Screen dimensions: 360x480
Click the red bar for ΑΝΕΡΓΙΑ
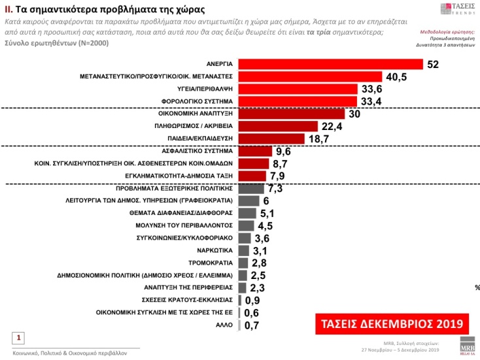pos(330,64)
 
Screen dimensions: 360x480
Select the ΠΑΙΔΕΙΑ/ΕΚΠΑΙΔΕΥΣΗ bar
pos(271,139)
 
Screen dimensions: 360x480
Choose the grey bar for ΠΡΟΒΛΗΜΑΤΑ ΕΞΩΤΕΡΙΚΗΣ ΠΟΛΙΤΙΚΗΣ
pos(251,188)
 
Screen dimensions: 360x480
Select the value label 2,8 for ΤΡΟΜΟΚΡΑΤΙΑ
pos(260,263)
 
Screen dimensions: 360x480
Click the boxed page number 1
pos(20,338)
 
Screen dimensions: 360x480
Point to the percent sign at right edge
pos(477,287)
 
